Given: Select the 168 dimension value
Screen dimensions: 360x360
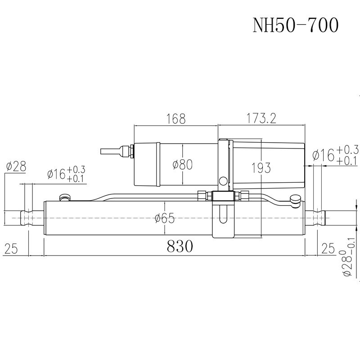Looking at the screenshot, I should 175,119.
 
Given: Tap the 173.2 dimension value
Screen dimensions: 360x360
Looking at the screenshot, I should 261,119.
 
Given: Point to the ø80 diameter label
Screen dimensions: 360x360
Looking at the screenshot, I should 182,165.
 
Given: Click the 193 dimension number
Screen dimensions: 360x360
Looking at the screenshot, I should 261,168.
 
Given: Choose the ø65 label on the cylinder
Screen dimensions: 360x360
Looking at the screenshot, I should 164,219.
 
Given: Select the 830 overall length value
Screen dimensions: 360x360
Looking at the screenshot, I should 180,246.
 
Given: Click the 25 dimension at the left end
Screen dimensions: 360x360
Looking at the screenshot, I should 12,247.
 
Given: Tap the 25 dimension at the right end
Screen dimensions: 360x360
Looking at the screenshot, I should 328,247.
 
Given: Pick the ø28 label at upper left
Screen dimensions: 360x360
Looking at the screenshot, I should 16,167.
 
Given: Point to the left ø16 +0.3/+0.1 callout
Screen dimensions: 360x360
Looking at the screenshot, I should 66,175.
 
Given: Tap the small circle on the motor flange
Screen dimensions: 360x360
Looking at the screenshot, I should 222,181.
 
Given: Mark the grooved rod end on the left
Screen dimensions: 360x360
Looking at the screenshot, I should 30,217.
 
